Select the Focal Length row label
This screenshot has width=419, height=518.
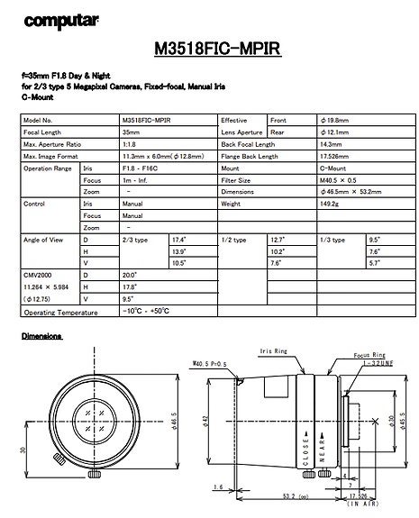point(42,132)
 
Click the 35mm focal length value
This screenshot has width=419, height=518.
point(131,132)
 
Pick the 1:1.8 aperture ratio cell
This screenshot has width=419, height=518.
point(131,144)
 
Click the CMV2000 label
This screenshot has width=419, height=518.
point(36,275)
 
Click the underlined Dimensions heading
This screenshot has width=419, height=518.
point(41,336)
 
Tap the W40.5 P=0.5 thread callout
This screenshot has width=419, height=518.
point(209,364)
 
